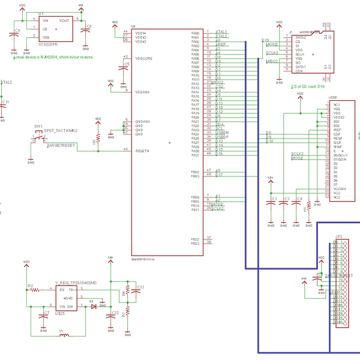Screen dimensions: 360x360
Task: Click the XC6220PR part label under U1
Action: tap(47, 45)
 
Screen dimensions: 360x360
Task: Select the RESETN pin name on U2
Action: tap(143, 150)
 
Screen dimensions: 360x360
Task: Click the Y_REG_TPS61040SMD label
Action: tap(76, 282)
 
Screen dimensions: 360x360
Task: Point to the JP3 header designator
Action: tap(339, 236)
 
